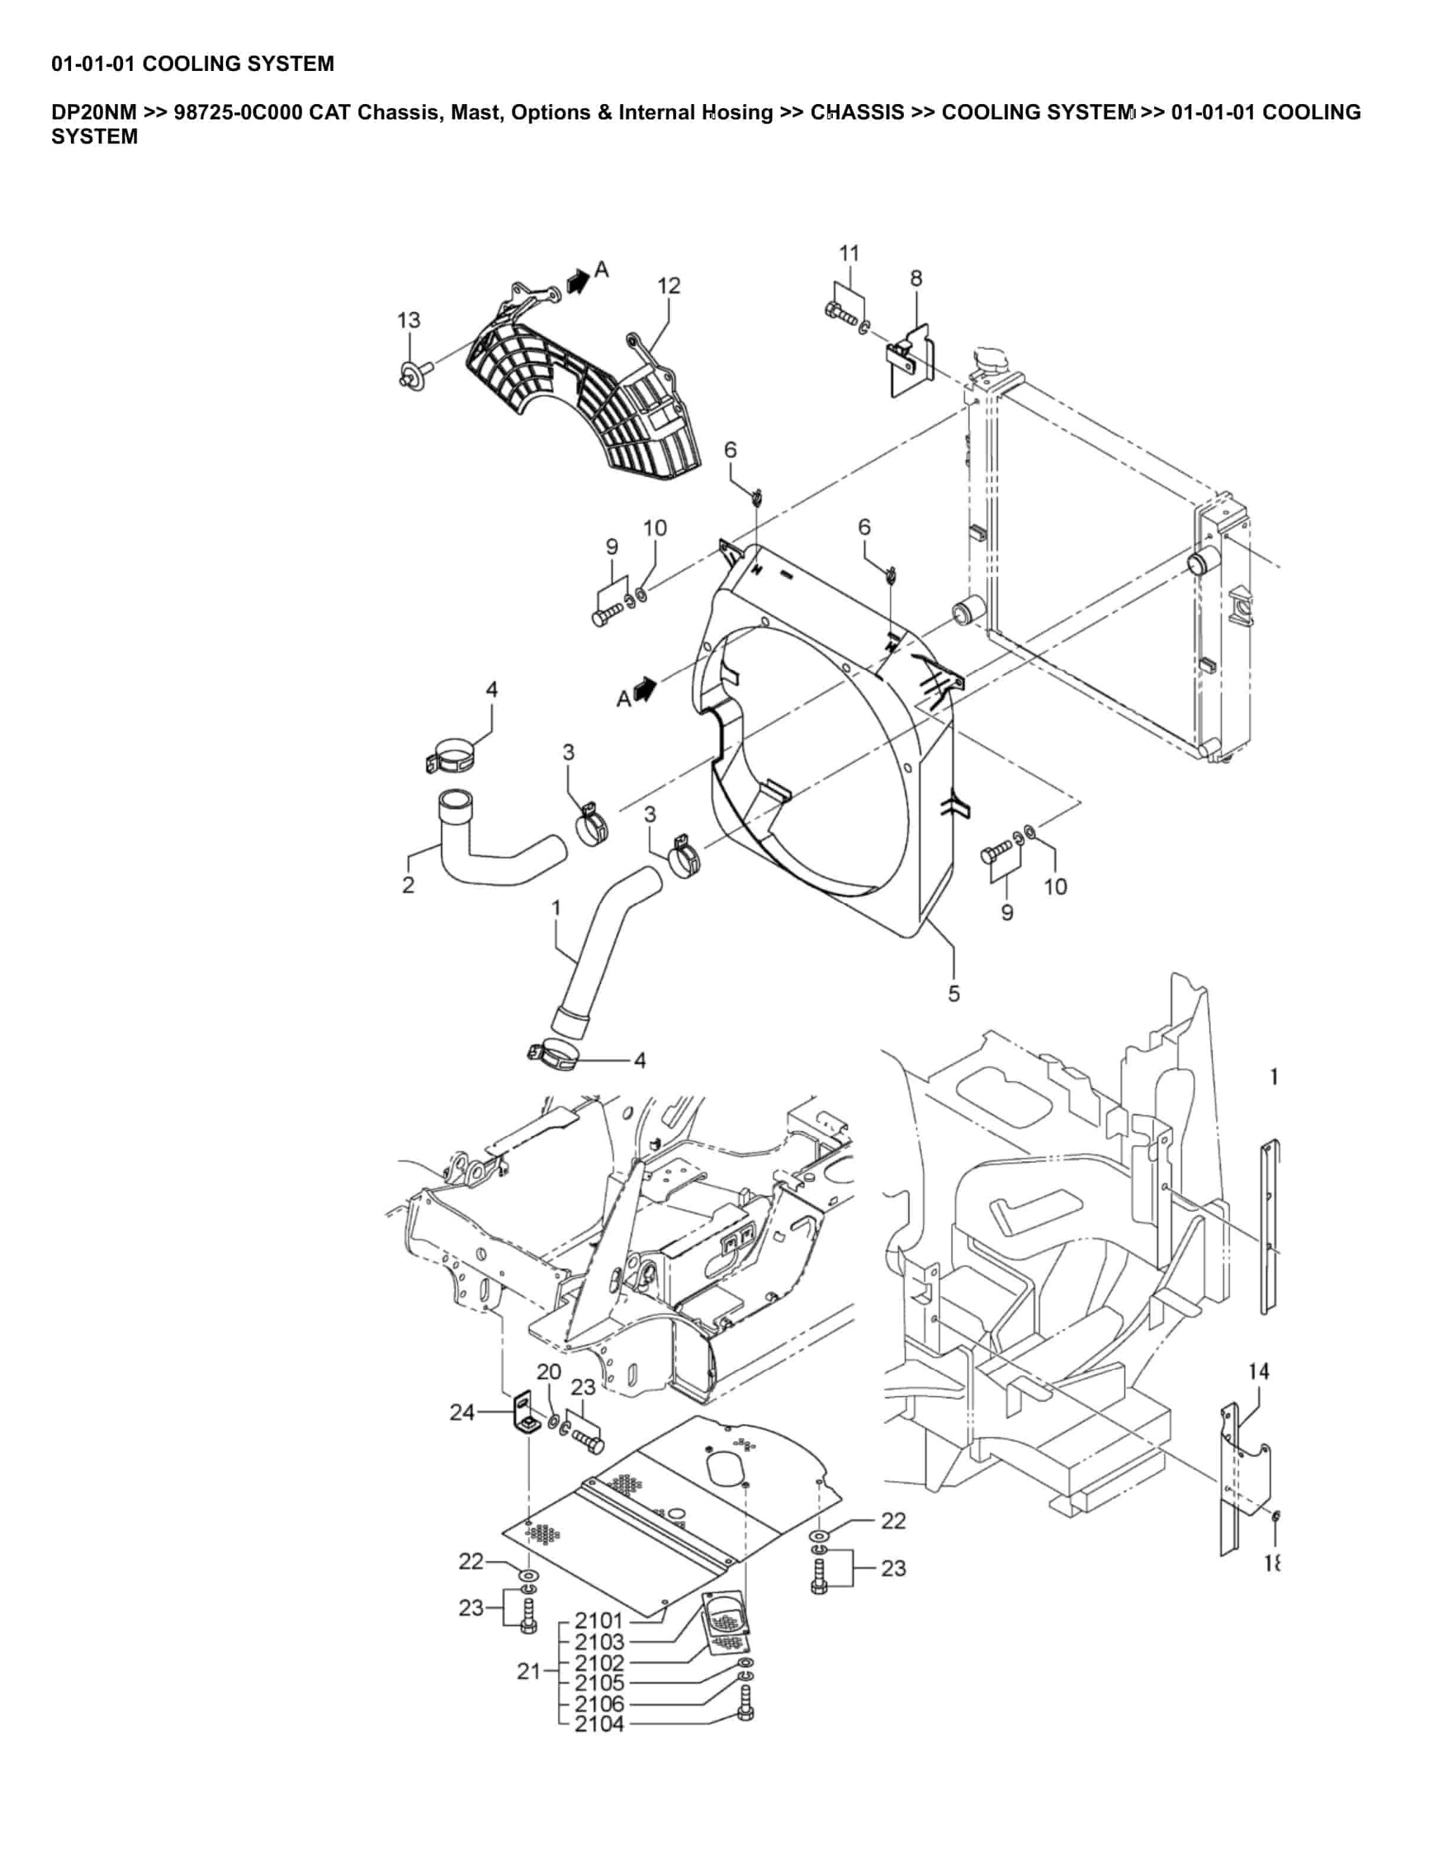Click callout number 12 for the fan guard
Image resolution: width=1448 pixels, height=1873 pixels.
668,286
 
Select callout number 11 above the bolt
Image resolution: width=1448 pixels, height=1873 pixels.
848,253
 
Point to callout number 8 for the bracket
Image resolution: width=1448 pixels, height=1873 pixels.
916,278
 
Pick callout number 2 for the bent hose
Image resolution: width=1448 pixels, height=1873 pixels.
408,884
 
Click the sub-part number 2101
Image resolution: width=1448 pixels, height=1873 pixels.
599,1620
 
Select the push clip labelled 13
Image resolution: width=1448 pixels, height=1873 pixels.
413,375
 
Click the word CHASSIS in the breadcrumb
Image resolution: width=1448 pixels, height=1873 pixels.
857,112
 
